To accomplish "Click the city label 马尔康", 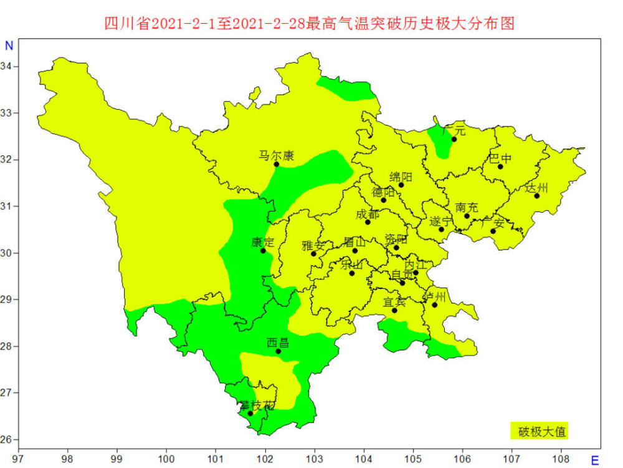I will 277,155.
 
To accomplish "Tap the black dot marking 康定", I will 263,250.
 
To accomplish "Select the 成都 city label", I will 367,214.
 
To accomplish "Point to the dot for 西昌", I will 278,351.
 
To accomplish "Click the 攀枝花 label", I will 257,406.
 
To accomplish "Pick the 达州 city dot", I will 536,196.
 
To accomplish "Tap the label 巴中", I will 500,158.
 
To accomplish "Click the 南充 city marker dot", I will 467,216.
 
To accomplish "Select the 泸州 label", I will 435,296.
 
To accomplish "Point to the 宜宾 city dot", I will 394,310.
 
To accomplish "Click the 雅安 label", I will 313,245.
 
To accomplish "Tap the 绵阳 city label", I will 401,177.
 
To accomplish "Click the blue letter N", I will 9,46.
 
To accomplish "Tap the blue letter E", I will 594,461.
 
